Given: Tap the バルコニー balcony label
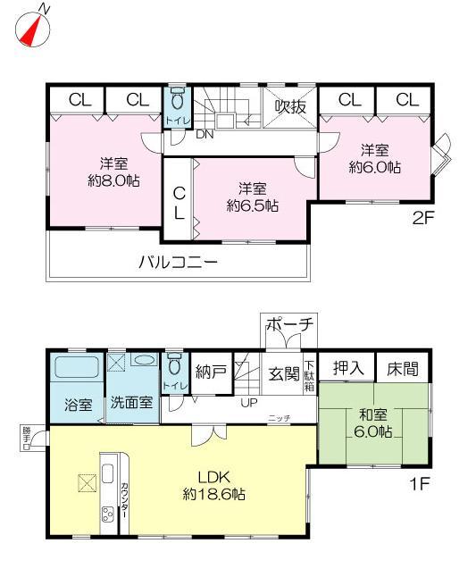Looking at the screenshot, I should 178,263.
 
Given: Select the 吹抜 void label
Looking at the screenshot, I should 290,106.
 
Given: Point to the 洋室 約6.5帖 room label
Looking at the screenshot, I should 253,197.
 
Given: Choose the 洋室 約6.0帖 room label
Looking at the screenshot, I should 374,158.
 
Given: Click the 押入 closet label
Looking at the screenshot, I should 347,367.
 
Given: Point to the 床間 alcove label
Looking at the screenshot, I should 402,367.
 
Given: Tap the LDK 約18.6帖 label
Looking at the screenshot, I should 216,485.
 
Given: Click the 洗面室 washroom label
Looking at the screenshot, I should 131,403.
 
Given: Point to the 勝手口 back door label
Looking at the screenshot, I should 26,437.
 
